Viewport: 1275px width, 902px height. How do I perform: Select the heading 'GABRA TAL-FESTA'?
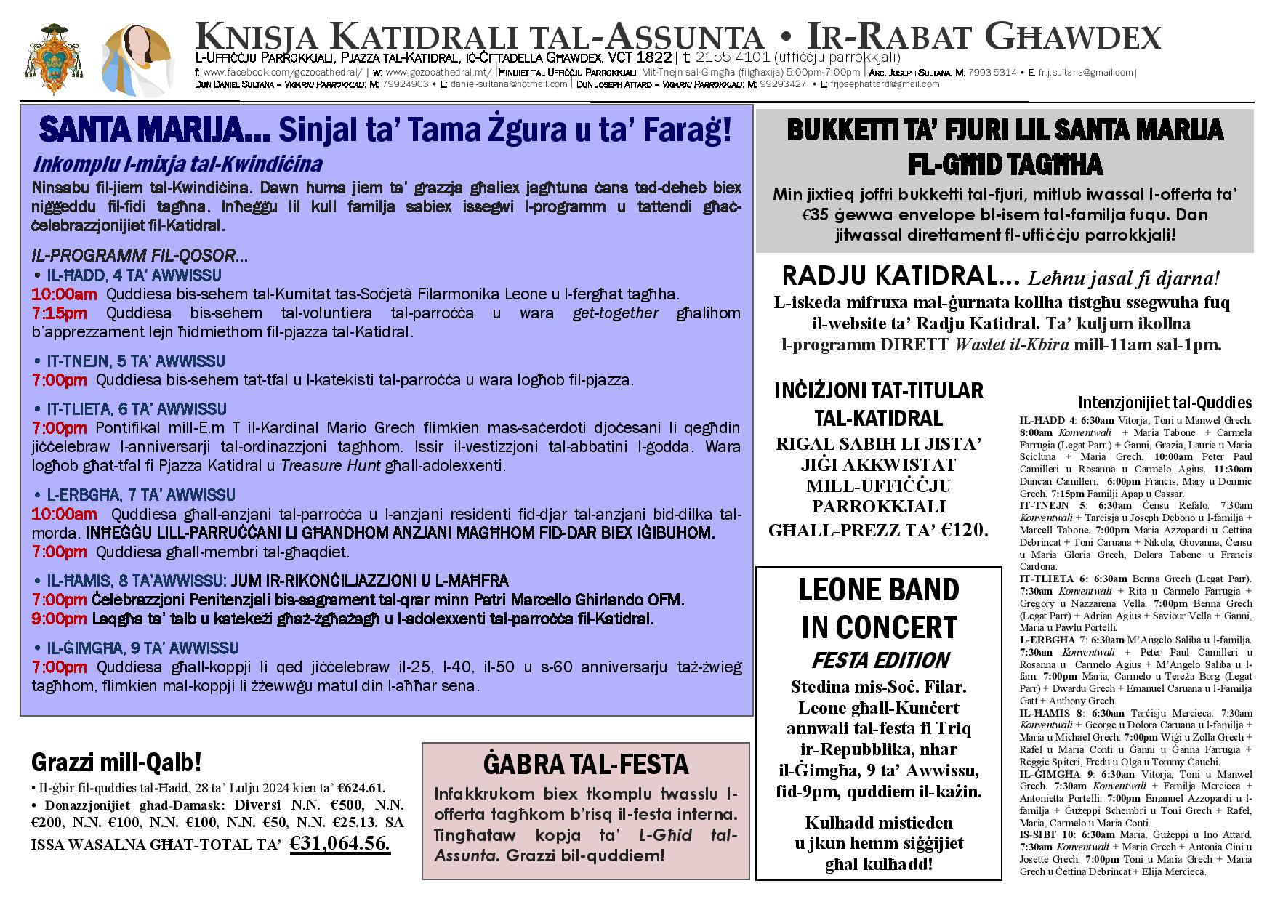(x=585, y=765)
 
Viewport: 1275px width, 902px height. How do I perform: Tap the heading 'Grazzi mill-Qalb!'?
(x=116, y=762)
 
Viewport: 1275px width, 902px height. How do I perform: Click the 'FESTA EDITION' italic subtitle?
(x=880, y=660)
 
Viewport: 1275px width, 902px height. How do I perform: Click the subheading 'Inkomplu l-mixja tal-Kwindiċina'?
(x=177, y=164)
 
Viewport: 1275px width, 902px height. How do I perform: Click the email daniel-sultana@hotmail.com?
(x=508, y=84)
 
